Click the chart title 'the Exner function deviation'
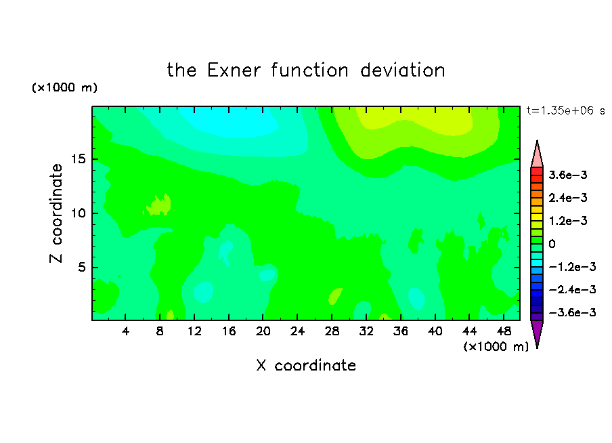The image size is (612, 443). [x=306, y=70]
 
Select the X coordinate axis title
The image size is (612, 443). [x=306, y=365]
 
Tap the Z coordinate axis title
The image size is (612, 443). [x=56, y=213]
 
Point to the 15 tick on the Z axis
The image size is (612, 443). [x=79, y=159]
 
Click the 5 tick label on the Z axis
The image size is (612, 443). [x=81, y=267]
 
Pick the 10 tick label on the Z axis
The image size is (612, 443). [x=79, y=213]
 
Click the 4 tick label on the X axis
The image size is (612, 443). [x=125, y=331]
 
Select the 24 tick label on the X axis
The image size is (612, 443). [x=297, y=331]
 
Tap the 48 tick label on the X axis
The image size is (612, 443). [x=504, y=331]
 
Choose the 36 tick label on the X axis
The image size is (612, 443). [x=401, y=331]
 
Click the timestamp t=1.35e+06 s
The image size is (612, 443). [x=565, y=110]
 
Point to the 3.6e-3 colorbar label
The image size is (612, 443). [x=568, y=175]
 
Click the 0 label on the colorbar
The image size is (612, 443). [x=552, y=244]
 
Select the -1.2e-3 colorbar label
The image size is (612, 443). [x=573, y=267]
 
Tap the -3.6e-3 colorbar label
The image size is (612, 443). [x=573, y=312]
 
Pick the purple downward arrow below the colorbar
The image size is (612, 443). [x=537, y=332]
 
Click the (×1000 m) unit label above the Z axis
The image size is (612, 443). [x=64, y=87]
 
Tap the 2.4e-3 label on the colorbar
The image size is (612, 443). [x=568, y=198]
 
